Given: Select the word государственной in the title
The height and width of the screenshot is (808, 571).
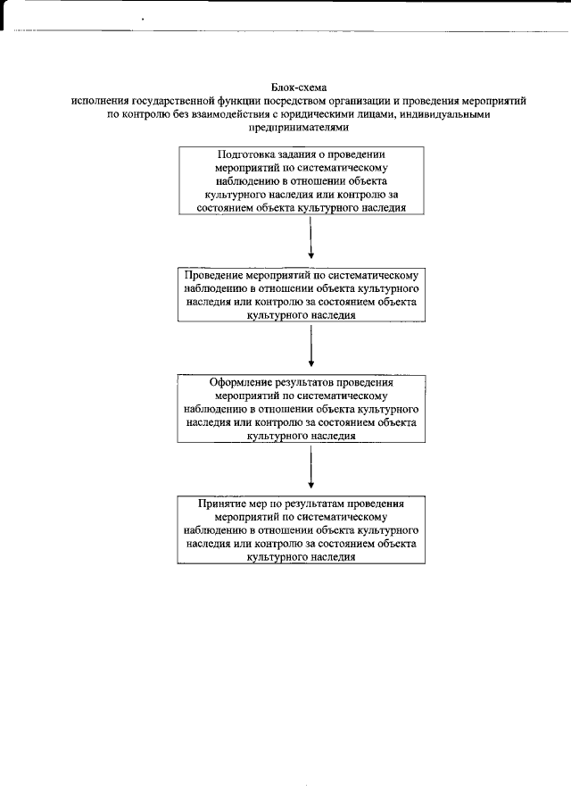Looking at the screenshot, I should [x=170, y=101].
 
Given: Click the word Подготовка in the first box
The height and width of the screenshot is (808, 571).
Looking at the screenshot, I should [x=245, y=154].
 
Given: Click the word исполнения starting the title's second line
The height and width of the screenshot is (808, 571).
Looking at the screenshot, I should [x=99, y=101].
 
